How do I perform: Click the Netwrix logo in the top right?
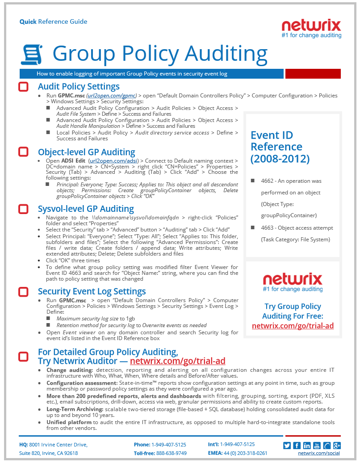click(311, 28)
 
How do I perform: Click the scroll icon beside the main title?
click(31, 55)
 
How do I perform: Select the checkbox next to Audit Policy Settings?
click(23, 87)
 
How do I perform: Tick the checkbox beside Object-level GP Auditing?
click(23, 152)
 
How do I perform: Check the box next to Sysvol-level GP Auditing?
click(23, 209)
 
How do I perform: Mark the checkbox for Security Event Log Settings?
click(23, 291)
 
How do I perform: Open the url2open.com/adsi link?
click(113, 160)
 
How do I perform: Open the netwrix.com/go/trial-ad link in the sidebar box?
click(293, 326)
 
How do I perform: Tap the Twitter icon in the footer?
click(287, 445)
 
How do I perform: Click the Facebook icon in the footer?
click(297, 445)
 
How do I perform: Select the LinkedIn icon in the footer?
click(307, 445)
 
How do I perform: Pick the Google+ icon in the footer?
click(337, 445)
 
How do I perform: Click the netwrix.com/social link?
click(319, 453)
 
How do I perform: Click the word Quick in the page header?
click(28, 21)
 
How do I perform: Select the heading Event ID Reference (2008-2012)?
click(280, 147)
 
